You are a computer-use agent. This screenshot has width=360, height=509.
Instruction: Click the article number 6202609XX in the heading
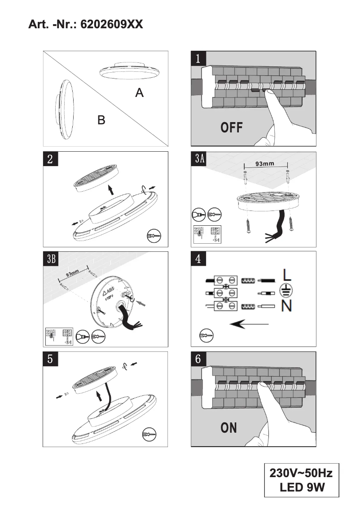[x=111, y=24]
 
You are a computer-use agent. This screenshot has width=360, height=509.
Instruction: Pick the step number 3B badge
[x=51, y=259]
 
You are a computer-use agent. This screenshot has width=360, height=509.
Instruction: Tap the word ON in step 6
[x=229, y=428]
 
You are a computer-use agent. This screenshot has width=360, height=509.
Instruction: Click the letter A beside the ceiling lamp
[x=140, y=93]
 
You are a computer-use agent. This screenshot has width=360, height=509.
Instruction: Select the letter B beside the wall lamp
[x=101, y=120]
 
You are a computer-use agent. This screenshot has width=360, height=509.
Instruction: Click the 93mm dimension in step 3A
[x=264, y=164]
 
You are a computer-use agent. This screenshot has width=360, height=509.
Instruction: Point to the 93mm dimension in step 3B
[x=72, y=273]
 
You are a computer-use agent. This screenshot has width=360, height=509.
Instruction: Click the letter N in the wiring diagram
[x=288, y=307]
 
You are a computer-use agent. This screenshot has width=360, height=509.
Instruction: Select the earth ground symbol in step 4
[x=285, y=290]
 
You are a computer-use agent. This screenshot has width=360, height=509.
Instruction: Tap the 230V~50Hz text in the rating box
[x=301, y=474]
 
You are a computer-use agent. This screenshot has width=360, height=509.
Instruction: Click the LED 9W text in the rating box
[x=302, y=487]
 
